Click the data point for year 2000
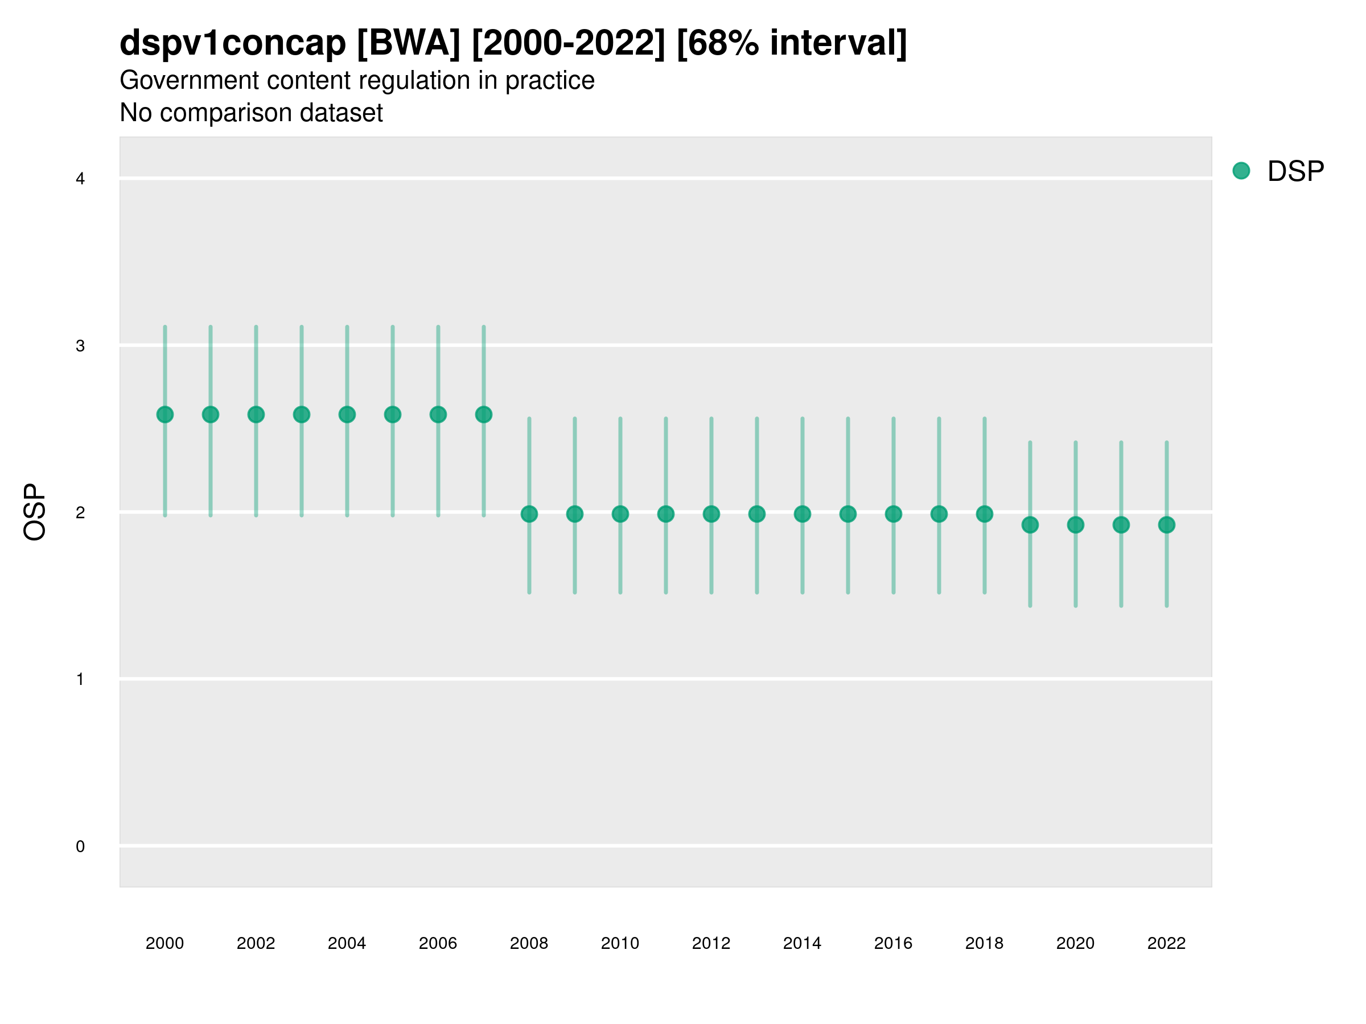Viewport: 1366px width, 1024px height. coord(165,414)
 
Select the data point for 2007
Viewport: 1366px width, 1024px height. coord(484,414)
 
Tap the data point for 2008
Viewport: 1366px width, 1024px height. coord(529,514)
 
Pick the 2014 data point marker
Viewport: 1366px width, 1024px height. coord(802,514)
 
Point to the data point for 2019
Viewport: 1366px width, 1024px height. coord(1030,525)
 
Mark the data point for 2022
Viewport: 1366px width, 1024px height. coord(1167,525)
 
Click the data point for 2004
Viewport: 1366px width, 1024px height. coord(347,414)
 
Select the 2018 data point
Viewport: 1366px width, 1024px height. coord(984,514)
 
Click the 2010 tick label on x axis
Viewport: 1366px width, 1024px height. coord(620,943)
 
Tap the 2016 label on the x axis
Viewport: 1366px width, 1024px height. coord(893,943)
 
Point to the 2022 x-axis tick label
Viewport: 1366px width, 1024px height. coord(1167,943)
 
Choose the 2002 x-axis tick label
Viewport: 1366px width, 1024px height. coord(256,943)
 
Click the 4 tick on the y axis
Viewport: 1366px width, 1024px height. coord(80,179)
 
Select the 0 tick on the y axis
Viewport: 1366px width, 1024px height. coord(80,847)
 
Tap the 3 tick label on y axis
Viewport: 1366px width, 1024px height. coord(80,346)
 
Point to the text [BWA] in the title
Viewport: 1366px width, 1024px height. coord(409,43)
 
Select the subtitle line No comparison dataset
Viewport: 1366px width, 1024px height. coord(252,113)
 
